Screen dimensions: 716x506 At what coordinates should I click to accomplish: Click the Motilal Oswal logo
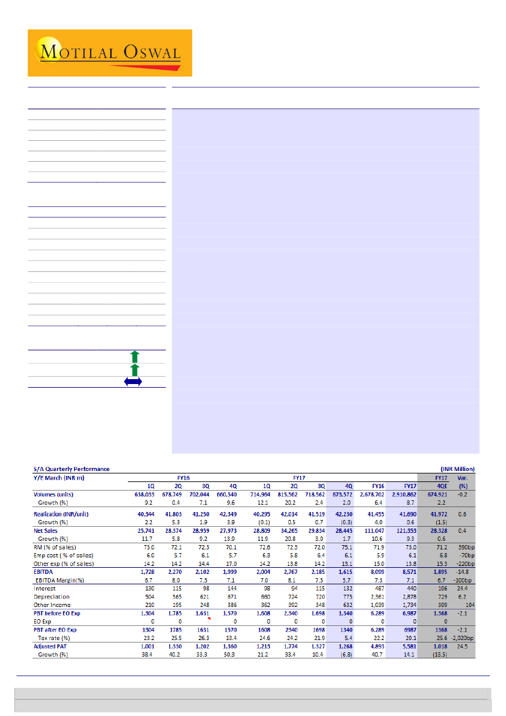click(110, 52)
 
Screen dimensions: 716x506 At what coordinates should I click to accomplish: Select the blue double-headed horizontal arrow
click(133, 382)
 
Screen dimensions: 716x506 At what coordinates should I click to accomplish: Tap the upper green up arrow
click(135, 356)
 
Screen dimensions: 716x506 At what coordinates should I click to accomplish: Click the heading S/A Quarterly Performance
click(71, 469)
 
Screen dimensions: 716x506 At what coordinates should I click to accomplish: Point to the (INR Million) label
click(457, 469)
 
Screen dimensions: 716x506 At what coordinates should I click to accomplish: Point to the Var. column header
click(463, 477)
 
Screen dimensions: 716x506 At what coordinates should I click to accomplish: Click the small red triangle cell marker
click(209, 619)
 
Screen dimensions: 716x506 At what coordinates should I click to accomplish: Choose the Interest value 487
click(378, 588)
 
